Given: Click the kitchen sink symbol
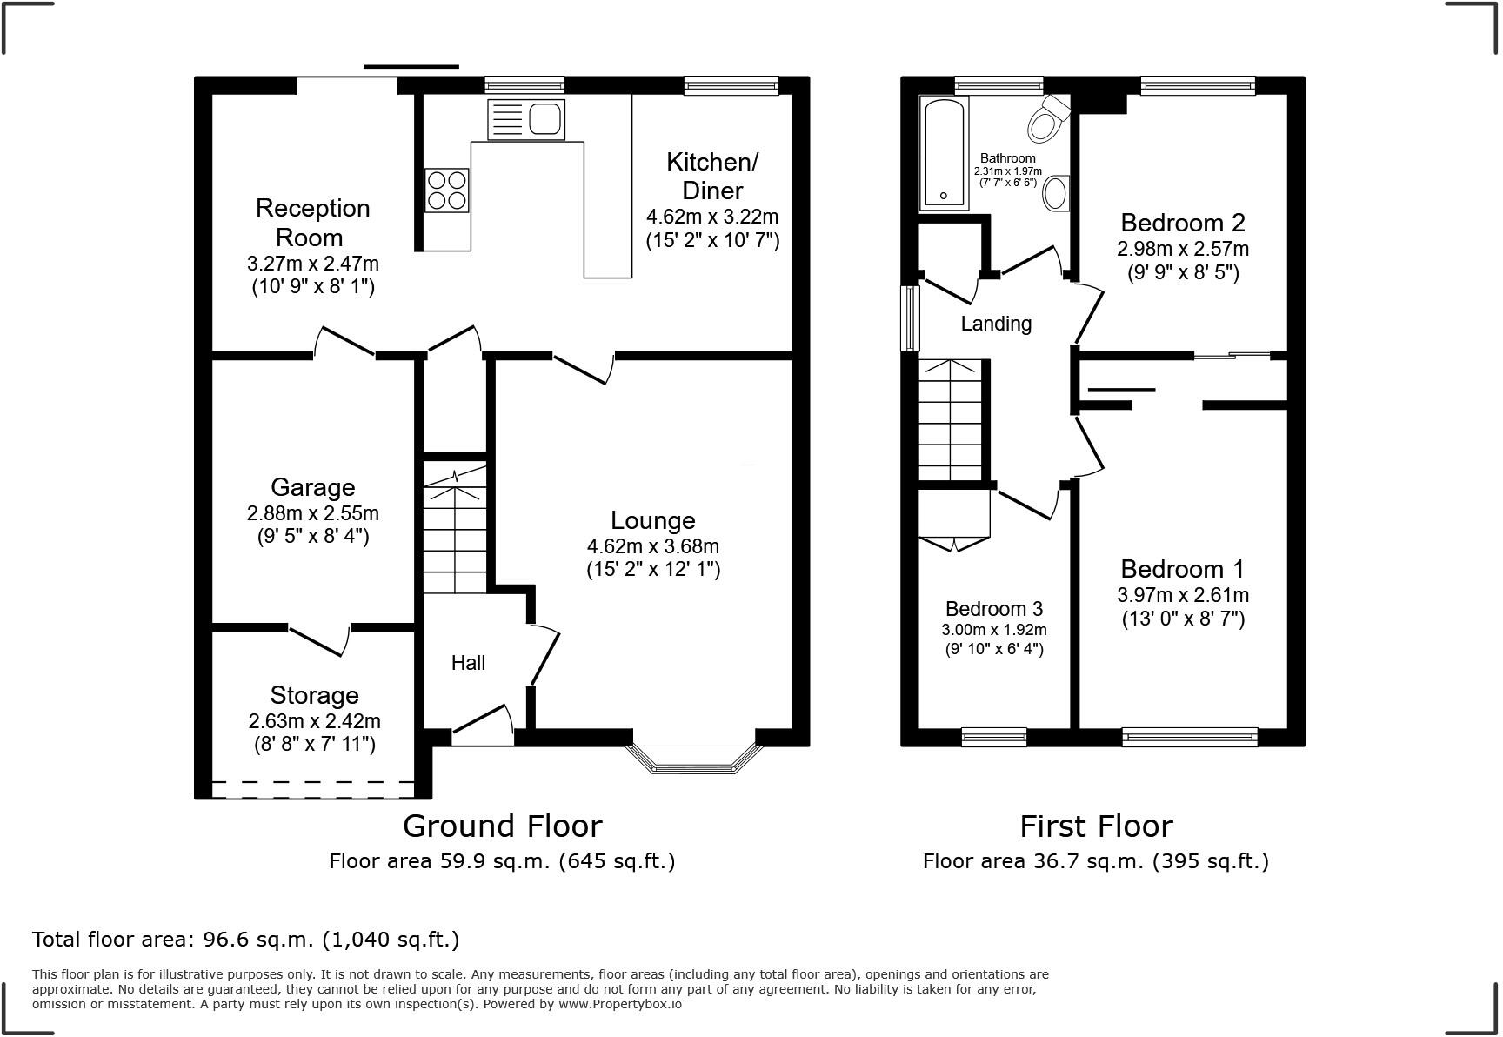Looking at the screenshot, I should point(526,118).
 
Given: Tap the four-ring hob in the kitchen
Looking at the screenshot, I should point(447,190).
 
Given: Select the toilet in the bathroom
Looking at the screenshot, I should point(1047,118).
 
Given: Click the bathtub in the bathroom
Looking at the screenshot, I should point(944,153).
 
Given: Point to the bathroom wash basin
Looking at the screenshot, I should point(1056,193).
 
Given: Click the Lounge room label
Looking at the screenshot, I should point(652,520).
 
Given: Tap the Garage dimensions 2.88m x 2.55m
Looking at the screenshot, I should point(312,513).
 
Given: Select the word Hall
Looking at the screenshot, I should point(468,663).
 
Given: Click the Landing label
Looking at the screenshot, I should point(996,324).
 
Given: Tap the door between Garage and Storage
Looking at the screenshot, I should point(319,640).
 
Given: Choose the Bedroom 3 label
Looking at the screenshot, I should point(993,609).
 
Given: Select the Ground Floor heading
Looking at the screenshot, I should point(502,826).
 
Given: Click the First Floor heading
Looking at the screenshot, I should point(1095,826).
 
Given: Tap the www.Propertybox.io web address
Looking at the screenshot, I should point(619,1004).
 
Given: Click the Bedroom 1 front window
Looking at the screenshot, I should point(1189,738).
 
